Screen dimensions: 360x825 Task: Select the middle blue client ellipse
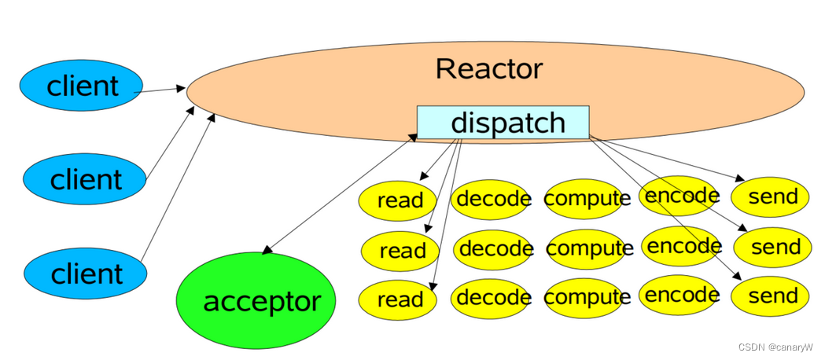[x=84, y=179]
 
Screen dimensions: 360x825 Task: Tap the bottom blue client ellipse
[x=85, y=274]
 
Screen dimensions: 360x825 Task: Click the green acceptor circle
[x=256, y=300]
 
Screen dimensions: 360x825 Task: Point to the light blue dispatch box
[x=503, y=123]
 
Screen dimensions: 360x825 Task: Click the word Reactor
[x=488, y=69]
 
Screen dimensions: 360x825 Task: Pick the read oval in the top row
[x=399, y=200]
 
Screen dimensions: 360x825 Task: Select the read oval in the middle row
[x=401, y=252]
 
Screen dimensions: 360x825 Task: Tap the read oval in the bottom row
[x=399, y=299]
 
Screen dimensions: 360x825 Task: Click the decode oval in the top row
[x=493, y=199]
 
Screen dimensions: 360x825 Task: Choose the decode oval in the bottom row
[x=492, y=298]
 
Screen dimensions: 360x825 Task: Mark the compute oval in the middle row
[x=588, y=249]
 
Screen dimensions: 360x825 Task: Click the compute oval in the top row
[x=587, y=199]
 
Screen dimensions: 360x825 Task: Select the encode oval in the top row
[x=681, y=196]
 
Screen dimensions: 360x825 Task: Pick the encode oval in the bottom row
[x=680, y=296]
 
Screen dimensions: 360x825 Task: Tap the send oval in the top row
[x=772, y=197]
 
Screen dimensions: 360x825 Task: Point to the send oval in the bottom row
[x=772, y=296]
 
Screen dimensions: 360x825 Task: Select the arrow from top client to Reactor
[x=161, y=90]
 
